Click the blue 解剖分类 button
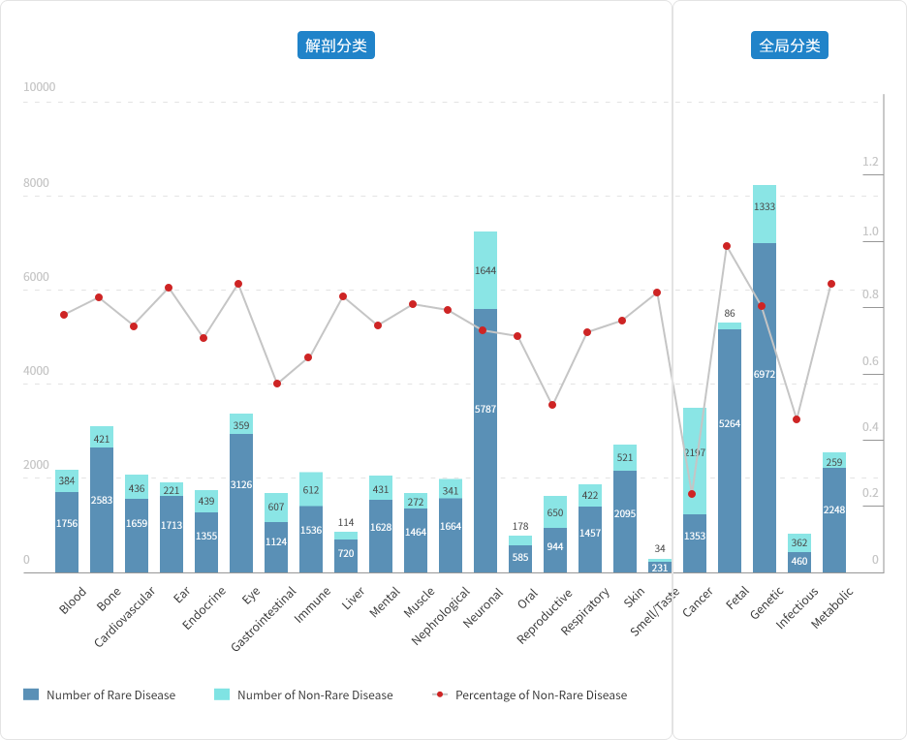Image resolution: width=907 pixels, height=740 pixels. (x=335, y=46)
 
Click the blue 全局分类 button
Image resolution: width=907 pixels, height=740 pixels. (x=789, y=46)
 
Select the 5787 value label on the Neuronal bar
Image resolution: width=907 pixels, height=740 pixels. (x=485, y=410)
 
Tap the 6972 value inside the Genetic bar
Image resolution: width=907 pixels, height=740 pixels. (x=765, y=374)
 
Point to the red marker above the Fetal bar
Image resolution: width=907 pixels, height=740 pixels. (x=727, y=246)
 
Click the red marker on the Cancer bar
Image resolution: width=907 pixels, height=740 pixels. (x=692, y=494)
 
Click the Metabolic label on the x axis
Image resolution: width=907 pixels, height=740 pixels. (x=832, y=607)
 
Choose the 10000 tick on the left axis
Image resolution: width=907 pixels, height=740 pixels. (x=40, y=87)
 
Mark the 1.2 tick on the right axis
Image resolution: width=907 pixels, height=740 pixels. (x=870, y=162)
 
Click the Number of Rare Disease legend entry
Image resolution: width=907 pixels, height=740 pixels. (x=110, y=694)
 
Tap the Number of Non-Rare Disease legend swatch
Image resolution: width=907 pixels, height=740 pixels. (x=222, y=694)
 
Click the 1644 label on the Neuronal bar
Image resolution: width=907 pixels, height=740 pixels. (x=485, y=271)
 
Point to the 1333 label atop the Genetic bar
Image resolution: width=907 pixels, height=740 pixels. (x=765, y=207)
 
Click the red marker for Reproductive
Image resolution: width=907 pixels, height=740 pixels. (x=552, y=405)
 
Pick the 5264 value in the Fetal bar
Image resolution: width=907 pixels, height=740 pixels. (x=730, y=423)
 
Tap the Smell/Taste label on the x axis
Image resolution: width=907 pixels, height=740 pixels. (x=656, y=611)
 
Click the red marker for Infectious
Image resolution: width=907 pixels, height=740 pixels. (x=797, y=419)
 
